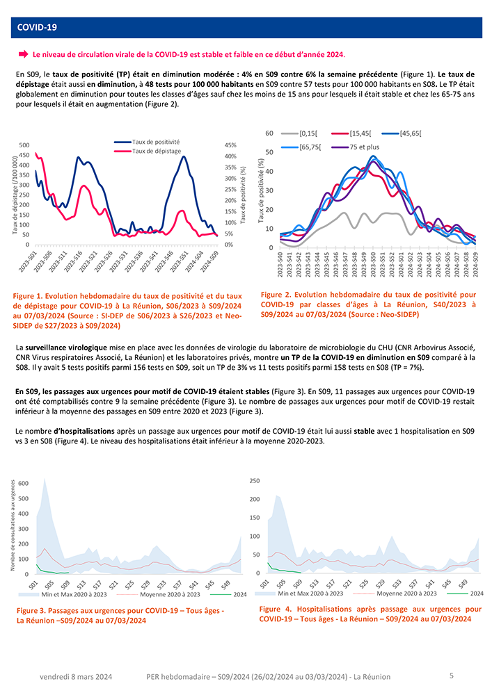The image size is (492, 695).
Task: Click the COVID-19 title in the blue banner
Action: click(x=36, y=27)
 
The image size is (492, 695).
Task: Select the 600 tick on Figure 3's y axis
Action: click(x=23, y=483)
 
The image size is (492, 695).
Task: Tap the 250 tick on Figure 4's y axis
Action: click(x=254, y=480)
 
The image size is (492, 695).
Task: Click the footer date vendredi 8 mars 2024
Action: click(x=76, y=676)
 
